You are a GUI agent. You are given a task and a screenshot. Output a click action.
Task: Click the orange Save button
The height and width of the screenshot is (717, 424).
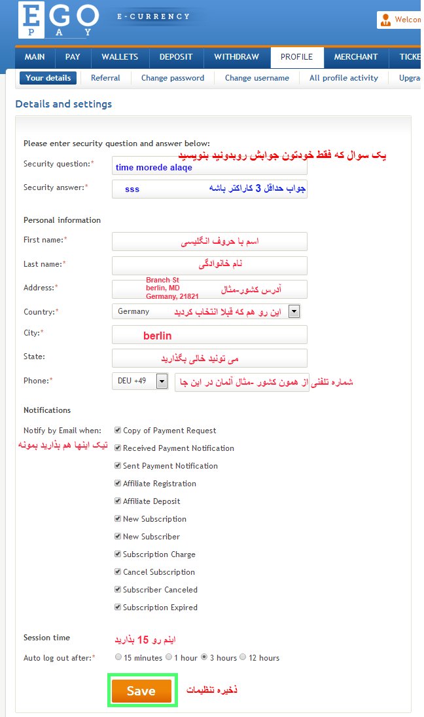click(x=141, y=691)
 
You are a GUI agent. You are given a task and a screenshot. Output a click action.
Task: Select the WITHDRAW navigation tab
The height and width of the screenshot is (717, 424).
click(x=236, y=57)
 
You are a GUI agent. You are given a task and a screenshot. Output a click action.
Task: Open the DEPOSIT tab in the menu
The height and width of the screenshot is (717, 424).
click(x=179, y=57)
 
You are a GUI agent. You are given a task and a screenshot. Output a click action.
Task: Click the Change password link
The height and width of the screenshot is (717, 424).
click(x=173, y=78)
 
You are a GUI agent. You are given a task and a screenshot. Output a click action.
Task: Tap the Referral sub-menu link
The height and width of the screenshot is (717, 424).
click(x=105, y=78)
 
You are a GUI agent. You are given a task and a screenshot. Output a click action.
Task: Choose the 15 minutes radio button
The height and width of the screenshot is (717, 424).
click(x=118, y=657)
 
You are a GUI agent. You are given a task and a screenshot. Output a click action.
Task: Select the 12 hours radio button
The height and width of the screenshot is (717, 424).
click(x=243, y=657)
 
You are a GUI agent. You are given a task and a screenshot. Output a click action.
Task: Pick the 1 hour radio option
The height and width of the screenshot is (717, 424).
click(x=169, y=657)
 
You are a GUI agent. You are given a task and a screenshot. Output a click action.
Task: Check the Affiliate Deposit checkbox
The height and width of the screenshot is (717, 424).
click(x=118, y=501)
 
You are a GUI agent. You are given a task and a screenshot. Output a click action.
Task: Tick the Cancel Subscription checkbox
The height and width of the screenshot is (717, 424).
click(x=118, y=572)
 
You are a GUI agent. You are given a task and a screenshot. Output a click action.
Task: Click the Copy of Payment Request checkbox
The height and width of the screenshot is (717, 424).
click(x=118, y=430)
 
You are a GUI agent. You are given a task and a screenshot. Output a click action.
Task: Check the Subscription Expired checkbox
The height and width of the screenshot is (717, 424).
click(x=118, y=607)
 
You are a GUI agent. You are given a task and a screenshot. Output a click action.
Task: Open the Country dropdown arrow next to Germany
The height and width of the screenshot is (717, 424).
click(x=294, y=311)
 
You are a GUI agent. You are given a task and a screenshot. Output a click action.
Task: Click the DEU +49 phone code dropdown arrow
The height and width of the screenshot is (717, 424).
click(x=162, y=381)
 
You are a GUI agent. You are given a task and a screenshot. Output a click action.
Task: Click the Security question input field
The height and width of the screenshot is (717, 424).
click(x=209, y=166)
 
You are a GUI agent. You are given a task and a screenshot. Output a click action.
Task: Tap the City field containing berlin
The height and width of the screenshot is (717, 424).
click(x=209, y=335)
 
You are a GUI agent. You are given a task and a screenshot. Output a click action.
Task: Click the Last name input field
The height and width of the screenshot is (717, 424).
click(x=209, y=265)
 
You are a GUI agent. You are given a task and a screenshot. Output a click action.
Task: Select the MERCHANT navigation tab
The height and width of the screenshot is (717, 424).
click(x=356, y=57)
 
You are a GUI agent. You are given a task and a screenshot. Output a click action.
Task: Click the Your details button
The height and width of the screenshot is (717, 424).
click(x=48, y=78)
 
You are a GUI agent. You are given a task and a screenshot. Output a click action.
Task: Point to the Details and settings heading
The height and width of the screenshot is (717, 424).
click(x=63, y=104)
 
